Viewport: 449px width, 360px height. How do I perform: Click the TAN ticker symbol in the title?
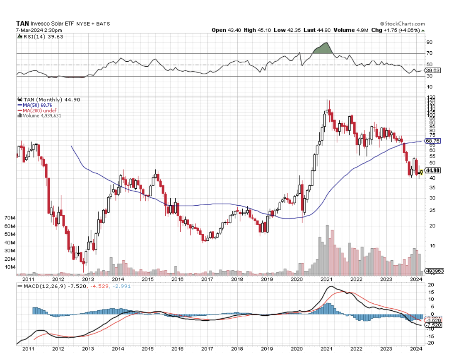pyautogui.click(x=22, y=24)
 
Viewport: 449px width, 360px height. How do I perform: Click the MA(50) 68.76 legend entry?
pyautogui.click(x=36, y=105)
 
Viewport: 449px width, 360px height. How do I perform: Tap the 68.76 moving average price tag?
pyautogui.click(x=432, y=141)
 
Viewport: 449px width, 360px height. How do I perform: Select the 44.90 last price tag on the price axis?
pyautogui.click(x=432, y=170)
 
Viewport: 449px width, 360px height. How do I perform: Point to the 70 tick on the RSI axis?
pyautogui.click(x=429, y=53)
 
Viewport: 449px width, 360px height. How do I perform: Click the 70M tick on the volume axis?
pyautogui.click(x=9, y=218)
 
